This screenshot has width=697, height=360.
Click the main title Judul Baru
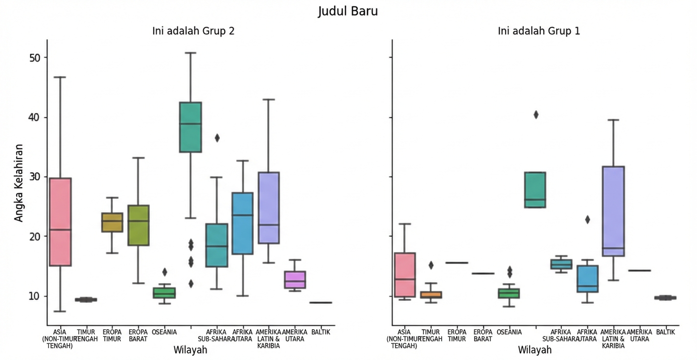point(348,11)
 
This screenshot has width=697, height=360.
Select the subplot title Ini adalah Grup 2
point(193,31)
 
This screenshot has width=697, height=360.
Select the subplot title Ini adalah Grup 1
point(538,31)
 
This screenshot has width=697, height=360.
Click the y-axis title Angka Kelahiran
point(19,182)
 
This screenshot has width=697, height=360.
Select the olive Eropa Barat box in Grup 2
point(138,225)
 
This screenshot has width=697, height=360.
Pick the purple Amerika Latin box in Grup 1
point(613,211)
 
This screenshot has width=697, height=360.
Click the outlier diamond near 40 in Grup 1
point(536,115)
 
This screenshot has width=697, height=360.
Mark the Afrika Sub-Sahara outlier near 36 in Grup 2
point(217,138)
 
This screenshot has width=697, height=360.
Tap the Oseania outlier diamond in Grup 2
point(165,272)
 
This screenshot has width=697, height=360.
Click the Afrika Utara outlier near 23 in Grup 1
point(587,220)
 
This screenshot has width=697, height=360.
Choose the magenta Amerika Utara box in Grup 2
point(295,280)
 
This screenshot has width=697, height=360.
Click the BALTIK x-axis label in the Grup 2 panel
point(321,332)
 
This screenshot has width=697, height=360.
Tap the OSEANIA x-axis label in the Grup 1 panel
point(509,332)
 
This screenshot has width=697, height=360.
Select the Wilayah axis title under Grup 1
point(535,350)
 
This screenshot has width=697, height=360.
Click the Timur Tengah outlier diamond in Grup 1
point(431,265)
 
